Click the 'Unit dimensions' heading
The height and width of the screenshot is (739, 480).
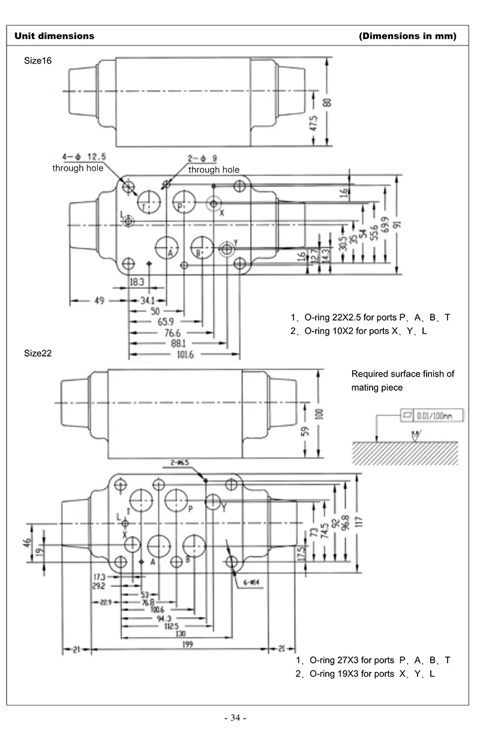tap(55, 36)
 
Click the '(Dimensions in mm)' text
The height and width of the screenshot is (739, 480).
tap(407, 36)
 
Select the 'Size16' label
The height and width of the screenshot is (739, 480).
tap(38, 60)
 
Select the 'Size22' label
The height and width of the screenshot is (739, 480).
tap(38, 353)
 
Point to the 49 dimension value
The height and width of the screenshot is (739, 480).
tap(99, 301)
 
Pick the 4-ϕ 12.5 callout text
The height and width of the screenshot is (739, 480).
tap(83, 156)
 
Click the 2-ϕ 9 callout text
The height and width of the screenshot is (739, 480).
tap(203, 158)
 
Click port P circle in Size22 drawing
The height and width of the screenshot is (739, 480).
tap(178, 500)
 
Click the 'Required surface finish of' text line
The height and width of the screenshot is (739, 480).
tap(403, 374)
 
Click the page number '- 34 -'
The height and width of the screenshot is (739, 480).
tap(235, 717)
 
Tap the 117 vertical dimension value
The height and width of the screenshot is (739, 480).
tap(359, 522)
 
